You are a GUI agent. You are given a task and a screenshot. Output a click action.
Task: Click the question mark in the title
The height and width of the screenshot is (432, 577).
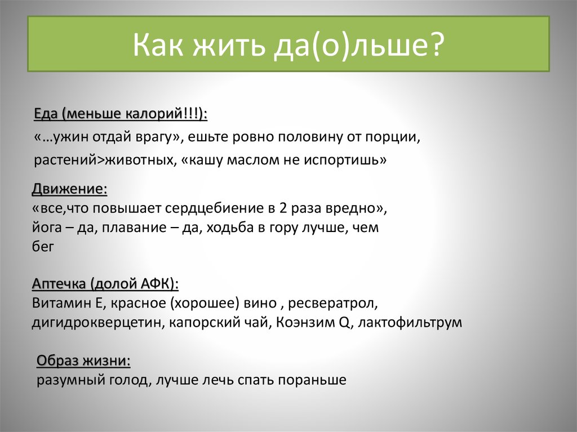pos(436,44)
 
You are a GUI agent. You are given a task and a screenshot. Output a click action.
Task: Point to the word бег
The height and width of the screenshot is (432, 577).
pos(43,247)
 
